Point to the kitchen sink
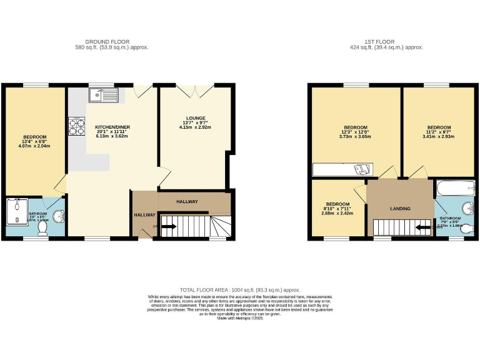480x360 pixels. pos(100,95)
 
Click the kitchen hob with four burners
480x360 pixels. pos(76,127)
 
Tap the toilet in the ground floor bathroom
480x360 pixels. pos(43,229)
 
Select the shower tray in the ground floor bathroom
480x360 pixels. pos(15,211)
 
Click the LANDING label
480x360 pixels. pos(400,209)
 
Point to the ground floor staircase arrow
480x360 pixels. pos(168,227)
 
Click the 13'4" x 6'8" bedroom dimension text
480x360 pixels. pos(36,143)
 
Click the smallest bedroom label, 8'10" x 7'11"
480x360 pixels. pos(337,204)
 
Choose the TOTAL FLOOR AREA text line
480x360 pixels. pos(240,290)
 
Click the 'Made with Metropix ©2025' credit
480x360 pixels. pos(240,318)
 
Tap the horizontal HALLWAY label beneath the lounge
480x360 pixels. pos(187,202)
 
